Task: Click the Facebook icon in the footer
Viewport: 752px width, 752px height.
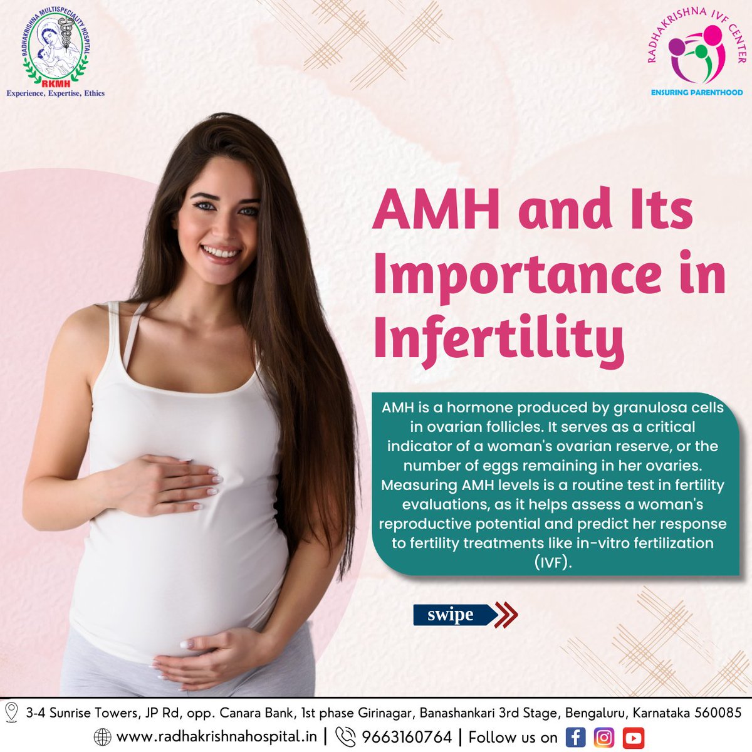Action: (x=575, y=737)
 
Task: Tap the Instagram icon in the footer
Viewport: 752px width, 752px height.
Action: (x=604, y=737)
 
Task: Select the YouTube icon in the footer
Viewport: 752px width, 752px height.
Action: (x=634, y=737)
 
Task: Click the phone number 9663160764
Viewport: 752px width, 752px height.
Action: (x=407, y=737)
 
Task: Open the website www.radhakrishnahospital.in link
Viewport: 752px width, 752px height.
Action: (x=216, y=737)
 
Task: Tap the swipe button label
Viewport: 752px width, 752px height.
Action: (x=451, y=615)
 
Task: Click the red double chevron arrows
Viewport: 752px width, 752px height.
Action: (x=505, y=615)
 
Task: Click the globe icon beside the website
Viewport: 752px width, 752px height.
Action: (x=102, y=737)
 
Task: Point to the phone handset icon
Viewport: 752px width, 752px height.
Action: (x=345, y=737)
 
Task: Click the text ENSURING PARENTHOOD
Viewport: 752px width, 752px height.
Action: (x=696, y=92)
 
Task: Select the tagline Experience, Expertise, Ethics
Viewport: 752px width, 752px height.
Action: (x=55, y=93)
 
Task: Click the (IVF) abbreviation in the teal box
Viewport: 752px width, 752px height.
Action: (x=553, y=562)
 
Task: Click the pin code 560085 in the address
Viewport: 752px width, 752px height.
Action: (x=718, y=713)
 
